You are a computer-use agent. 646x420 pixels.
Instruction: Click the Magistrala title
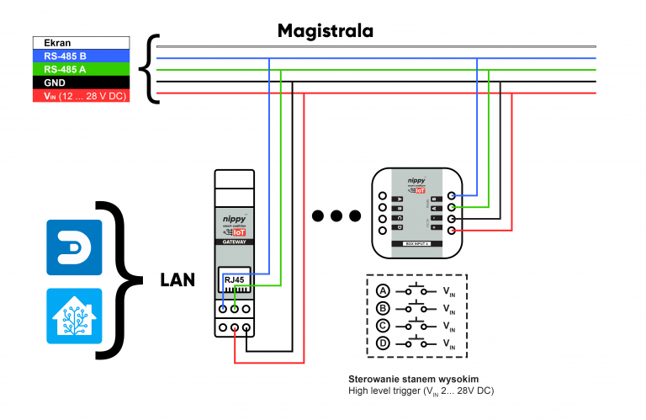click(326, 32)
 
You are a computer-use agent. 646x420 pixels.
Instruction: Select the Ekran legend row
click(82, 42)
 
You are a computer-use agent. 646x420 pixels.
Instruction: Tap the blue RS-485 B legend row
click(82, 56)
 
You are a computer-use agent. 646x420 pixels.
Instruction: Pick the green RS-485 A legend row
click(82, 69)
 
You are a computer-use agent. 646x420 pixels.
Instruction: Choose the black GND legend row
click(82, 82)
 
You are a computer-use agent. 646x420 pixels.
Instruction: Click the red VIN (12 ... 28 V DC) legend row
click(82, 97)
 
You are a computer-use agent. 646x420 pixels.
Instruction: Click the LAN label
click(177, 279)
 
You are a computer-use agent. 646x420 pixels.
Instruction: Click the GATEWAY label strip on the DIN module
click(235, 241)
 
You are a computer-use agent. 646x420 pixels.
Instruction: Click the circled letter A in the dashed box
click(383, 291)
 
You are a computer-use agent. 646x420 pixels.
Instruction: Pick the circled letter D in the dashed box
click(383, 343)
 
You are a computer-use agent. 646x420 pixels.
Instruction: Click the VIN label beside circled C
click(449, 327)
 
